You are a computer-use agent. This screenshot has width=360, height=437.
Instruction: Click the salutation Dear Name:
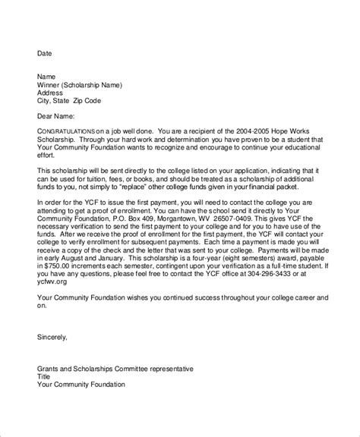(58, 115)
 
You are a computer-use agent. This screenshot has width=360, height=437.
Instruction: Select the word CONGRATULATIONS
(68, 130)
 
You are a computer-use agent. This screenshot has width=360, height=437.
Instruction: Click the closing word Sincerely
(52, 336)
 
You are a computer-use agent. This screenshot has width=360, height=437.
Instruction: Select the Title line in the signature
(45, 376)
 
